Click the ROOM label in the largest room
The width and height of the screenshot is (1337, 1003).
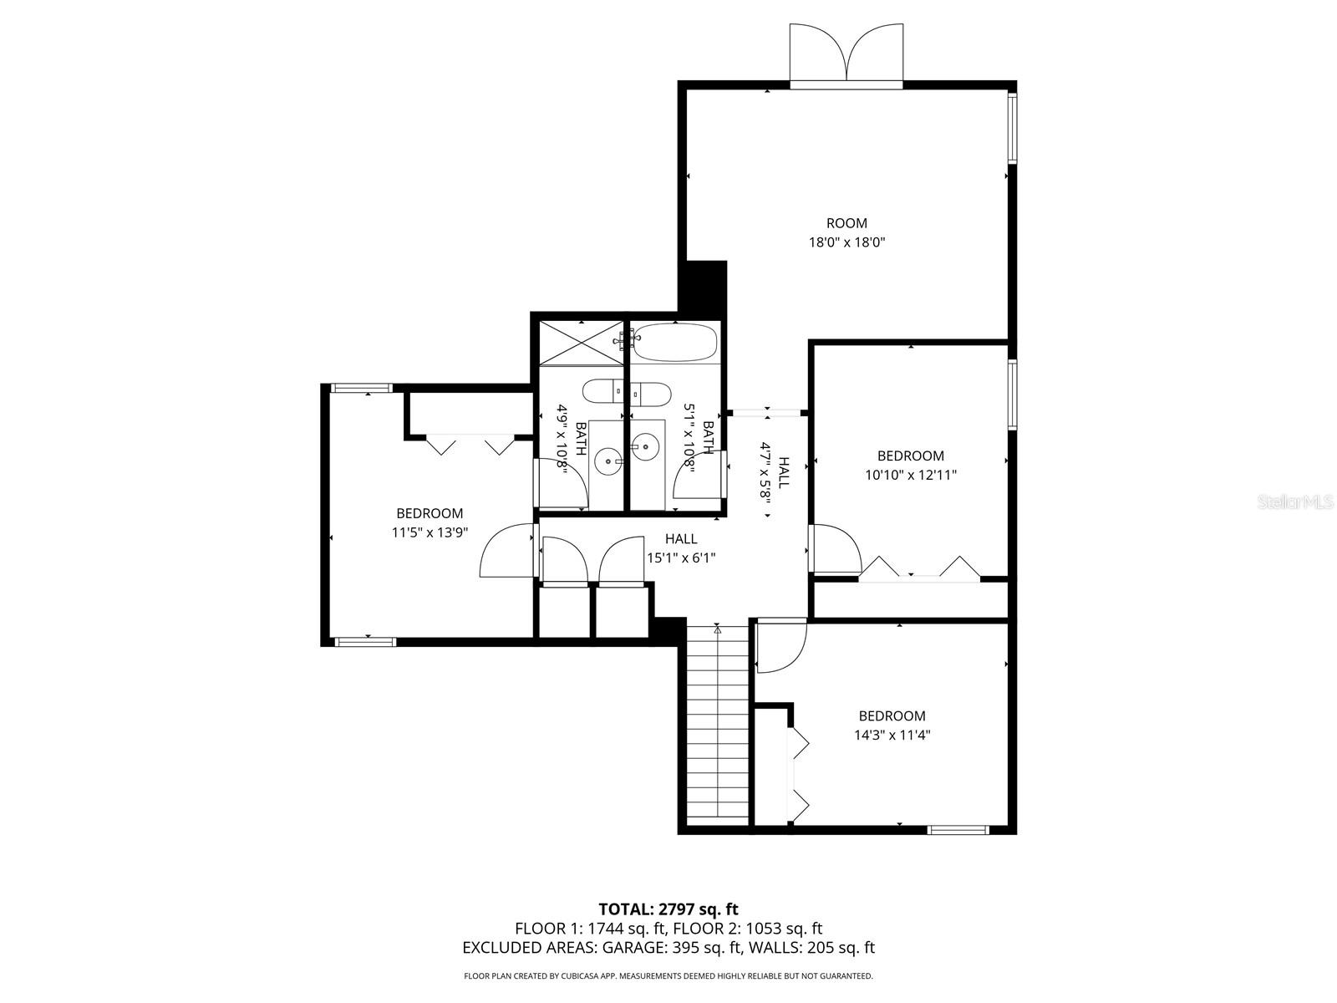tap(846, 223)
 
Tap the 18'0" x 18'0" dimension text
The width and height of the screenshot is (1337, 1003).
tap(846, 242)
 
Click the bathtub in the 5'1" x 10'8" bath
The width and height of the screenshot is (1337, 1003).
tap(675, 342)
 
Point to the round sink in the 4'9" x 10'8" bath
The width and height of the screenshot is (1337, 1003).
tap(607, 461)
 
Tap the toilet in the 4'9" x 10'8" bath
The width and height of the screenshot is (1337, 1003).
tap(603, 391)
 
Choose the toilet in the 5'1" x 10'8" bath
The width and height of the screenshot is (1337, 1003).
tap(650, 394)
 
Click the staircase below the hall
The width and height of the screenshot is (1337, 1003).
tap(718, 724)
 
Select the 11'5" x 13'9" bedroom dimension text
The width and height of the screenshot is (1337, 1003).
tap(430, 533)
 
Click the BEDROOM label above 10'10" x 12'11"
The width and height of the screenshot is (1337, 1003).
tap(911, 456)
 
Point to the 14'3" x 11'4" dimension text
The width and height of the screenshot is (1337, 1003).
tap(892, 735)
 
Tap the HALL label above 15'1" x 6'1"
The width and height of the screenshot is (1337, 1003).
tap(681, 539)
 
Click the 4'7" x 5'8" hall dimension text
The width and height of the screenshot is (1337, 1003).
tap(765, 471)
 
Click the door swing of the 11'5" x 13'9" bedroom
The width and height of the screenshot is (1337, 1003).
tap(506, 550)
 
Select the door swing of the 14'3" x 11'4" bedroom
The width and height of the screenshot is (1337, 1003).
tap(780, 645)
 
